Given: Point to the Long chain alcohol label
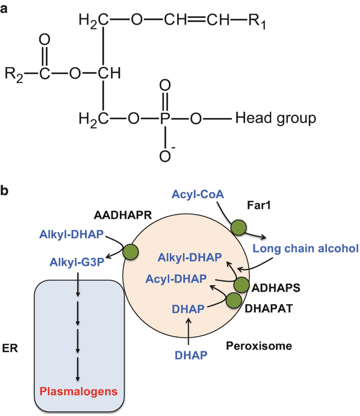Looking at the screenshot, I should (305, 248).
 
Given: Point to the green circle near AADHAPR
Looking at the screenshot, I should (129, 252).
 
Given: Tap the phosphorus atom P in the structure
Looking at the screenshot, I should (164, 119).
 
